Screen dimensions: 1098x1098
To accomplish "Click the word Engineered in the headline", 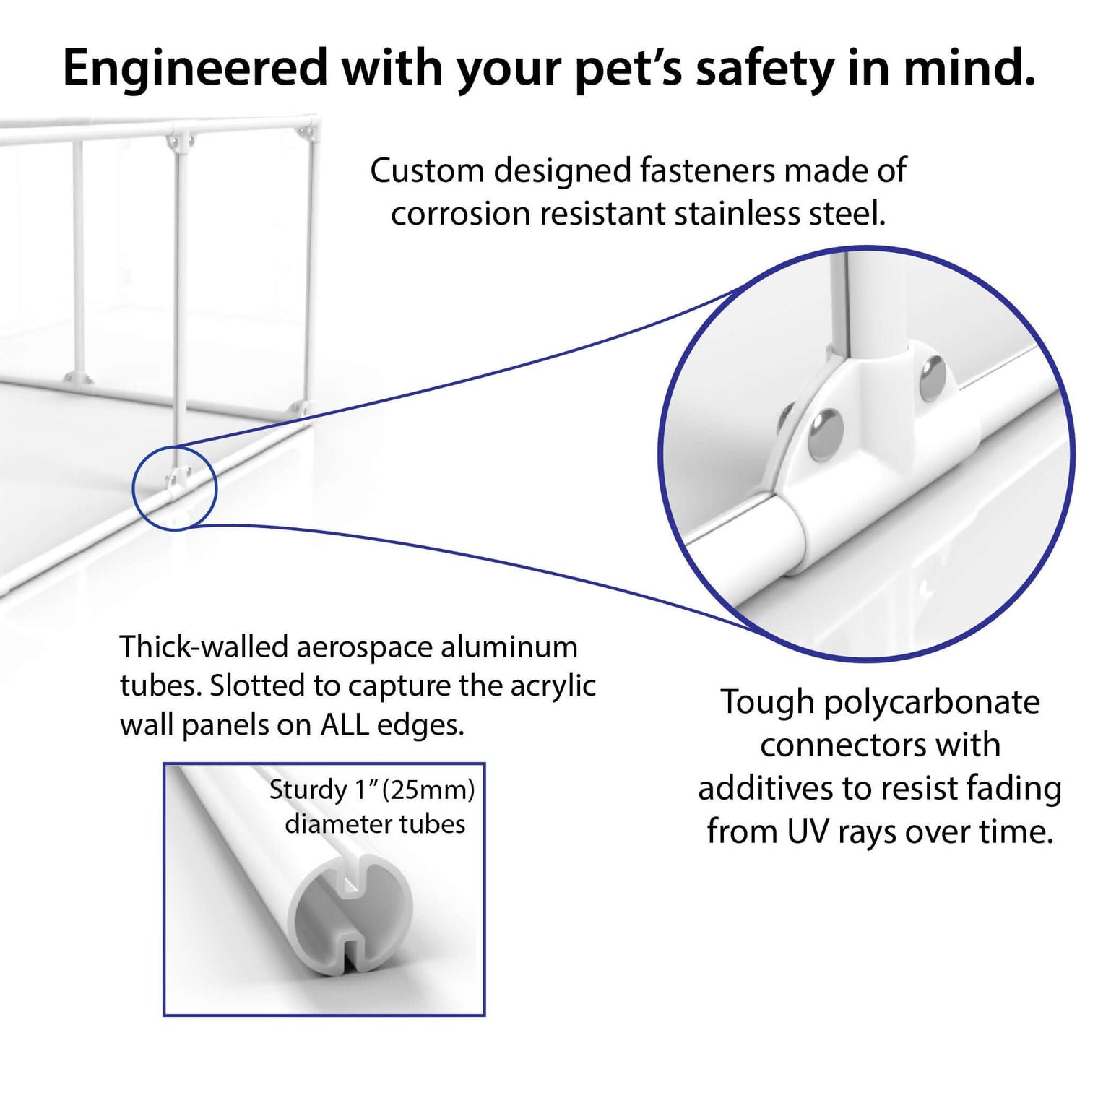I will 195,69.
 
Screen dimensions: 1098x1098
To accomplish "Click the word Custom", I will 427,171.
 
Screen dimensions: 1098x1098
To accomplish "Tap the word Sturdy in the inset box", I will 308,790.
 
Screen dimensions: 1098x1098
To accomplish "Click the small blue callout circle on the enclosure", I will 175,488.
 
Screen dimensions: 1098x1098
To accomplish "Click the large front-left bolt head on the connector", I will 825,434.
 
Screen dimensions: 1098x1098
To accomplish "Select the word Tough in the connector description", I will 767,702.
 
